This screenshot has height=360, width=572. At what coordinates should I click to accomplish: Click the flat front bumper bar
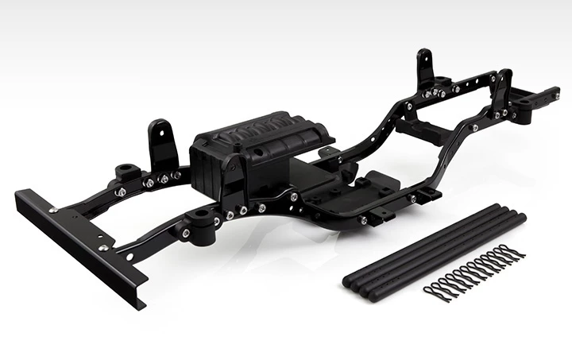click(79, 246)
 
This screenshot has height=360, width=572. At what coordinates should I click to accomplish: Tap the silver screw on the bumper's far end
click(52, 210)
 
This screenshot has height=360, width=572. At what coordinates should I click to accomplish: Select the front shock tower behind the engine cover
click(161, 143)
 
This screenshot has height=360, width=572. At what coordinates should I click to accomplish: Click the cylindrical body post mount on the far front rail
click(127, 172)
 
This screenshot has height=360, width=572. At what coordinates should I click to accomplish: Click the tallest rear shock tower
click(424, 68)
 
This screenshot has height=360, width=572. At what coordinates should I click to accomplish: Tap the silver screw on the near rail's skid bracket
click(363, 219)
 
